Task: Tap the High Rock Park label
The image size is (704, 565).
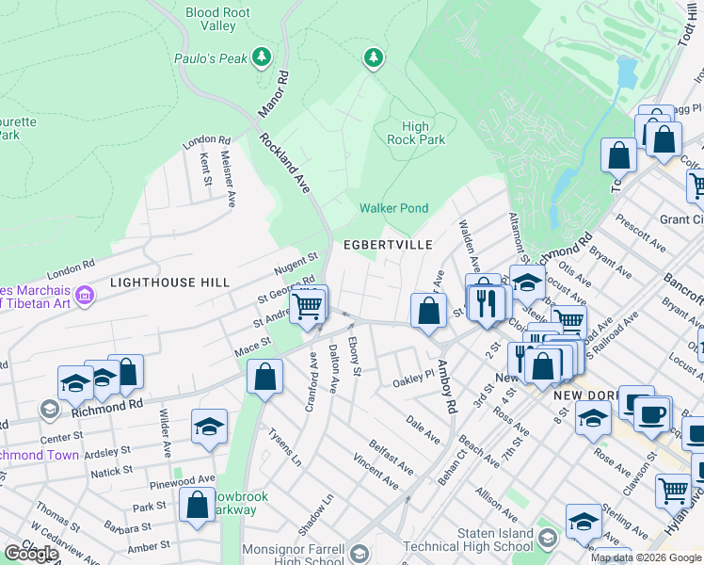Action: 416,133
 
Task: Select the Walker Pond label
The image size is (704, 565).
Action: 393,208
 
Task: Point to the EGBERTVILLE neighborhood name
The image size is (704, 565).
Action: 388,245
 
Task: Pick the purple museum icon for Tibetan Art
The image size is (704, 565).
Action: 85,297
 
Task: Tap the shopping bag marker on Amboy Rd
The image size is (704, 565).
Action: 429,311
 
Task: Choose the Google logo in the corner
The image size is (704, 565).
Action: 31,554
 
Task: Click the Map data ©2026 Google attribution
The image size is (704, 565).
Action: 646,557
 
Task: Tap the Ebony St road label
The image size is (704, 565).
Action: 355,357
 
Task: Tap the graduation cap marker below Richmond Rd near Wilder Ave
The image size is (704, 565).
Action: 210,426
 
